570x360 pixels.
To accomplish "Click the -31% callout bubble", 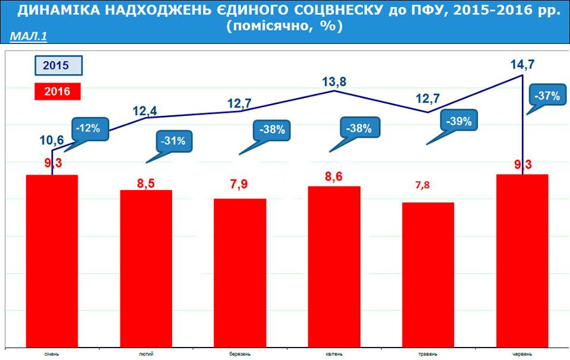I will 174,141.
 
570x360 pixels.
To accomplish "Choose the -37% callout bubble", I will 547,96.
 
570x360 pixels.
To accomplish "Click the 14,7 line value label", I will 522,61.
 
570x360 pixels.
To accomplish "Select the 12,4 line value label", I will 145,110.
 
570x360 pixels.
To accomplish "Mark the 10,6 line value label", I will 52,140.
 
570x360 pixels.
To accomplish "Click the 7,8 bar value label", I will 422,185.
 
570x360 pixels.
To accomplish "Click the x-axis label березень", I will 240,353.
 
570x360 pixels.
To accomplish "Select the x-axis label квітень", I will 334,353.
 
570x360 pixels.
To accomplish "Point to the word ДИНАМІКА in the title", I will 54,12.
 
